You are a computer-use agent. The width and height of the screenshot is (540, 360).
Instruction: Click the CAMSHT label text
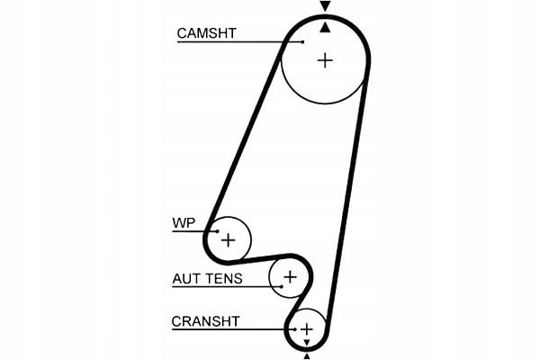click(206, 33)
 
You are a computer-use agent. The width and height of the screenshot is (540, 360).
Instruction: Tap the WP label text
click(184, 223)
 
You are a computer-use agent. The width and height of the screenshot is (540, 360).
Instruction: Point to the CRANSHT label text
click(205, 321)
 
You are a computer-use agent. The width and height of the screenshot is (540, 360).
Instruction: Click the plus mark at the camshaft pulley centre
click(325, 60)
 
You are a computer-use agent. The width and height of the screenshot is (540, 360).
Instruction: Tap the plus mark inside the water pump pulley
click(228, 239)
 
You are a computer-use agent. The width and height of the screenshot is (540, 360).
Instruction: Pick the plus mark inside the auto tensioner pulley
click(290, 276)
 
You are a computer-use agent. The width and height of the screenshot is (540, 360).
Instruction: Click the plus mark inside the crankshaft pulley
click(307, 329)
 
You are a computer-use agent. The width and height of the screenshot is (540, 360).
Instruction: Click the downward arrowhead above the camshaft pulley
click(325, 6)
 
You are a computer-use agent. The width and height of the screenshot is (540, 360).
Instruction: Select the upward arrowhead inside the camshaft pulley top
click(325, 28)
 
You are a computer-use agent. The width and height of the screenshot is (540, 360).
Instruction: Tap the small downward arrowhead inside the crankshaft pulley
click(307, 342)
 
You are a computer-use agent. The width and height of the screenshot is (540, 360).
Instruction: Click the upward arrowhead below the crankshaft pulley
click(307, 356)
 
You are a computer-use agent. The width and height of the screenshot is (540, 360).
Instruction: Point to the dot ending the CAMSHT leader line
click(302, 42)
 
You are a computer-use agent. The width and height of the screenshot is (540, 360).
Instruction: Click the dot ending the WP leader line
click(217, 231)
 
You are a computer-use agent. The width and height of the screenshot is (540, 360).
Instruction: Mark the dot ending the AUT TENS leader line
click(282, 286)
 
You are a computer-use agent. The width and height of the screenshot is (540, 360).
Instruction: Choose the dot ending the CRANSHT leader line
click(295, 329)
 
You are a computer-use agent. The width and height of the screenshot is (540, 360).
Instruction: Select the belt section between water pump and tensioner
click(258, 259)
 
